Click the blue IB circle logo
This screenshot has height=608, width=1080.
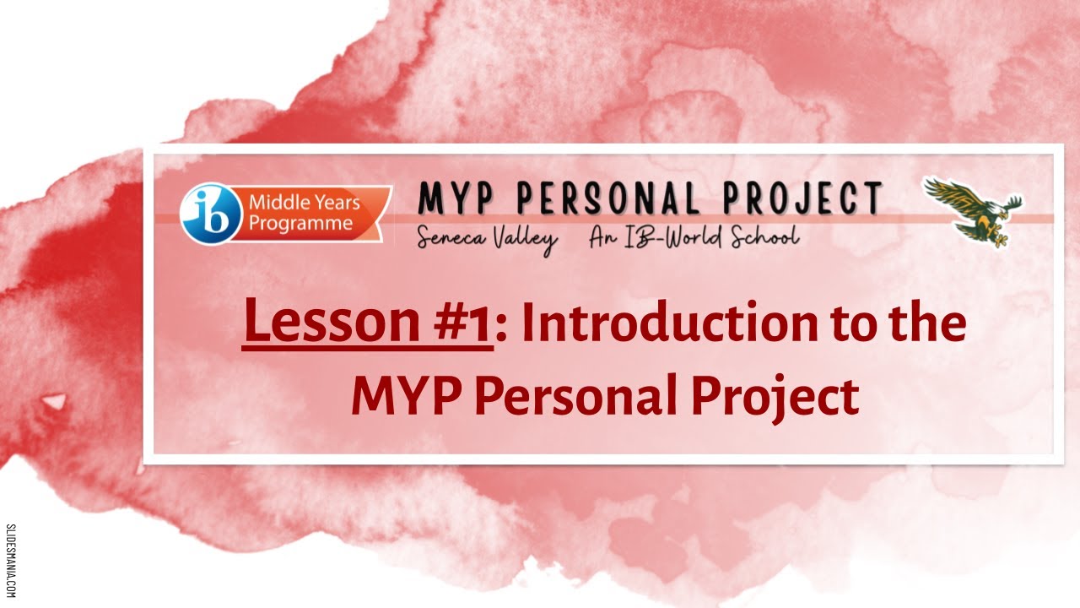(x=206, y=214)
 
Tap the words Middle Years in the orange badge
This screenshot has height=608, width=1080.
(x=304, y=204)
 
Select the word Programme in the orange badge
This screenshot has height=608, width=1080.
(x=300, y=224)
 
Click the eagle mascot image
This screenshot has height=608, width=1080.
(x=974, y=209)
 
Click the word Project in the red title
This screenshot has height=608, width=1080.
(x=775, y=398)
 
